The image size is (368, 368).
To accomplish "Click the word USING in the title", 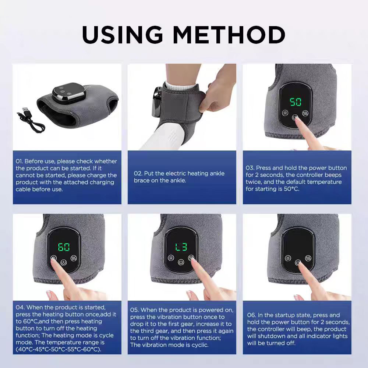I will [123, 35].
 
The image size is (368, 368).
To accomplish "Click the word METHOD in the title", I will [229, 35].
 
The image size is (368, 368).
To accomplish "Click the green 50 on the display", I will [296, 102].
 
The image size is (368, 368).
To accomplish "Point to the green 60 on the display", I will [64, 247].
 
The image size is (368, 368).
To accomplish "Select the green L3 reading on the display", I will [181, 247].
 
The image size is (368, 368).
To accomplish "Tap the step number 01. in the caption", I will [20, 162].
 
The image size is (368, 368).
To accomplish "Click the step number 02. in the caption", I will [138, 173].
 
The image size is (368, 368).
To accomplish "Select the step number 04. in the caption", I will [20, 307].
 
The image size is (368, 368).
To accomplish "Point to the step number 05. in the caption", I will [135, 310].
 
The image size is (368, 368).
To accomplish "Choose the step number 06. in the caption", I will [252, 315].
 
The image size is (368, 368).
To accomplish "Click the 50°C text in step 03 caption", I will [290, 189].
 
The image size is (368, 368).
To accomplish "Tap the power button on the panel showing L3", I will [181, 263].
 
